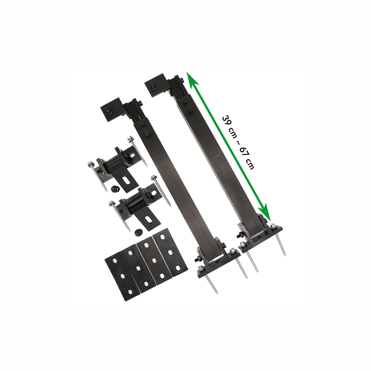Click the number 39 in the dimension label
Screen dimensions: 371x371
point(226,121)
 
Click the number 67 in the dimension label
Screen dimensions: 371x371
point(244,152)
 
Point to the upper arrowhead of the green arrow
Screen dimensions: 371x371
point(192,79)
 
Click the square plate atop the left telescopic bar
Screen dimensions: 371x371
point(110,112)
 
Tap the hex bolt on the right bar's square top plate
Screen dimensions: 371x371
point(153,87)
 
